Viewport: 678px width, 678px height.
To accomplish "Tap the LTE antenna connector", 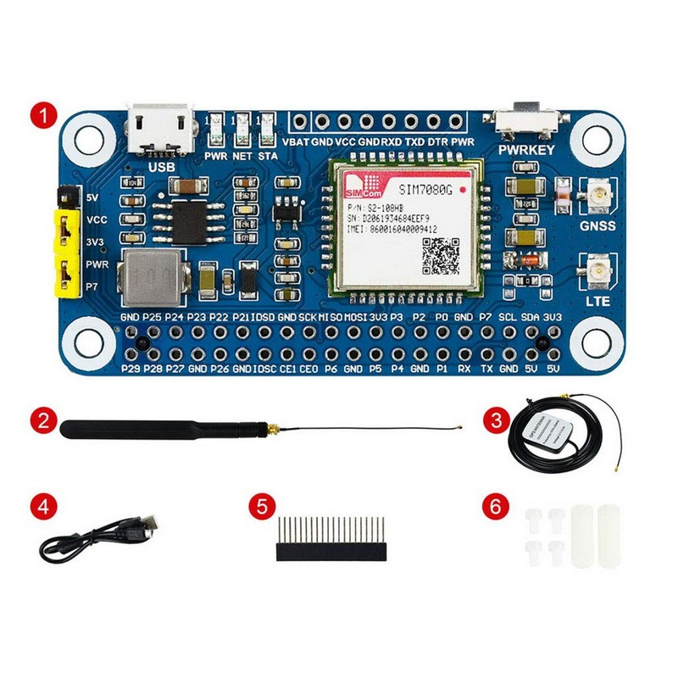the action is (x=597, y=271).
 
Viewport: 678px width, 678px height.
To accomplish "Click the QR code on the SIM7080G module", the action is (x=440, y=255).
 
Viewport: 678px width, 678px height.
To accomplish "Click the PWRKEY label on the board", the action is (x=526, y=150).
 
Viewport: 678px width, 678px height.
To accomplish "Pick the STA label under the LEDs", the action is (x=268, y=156).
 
